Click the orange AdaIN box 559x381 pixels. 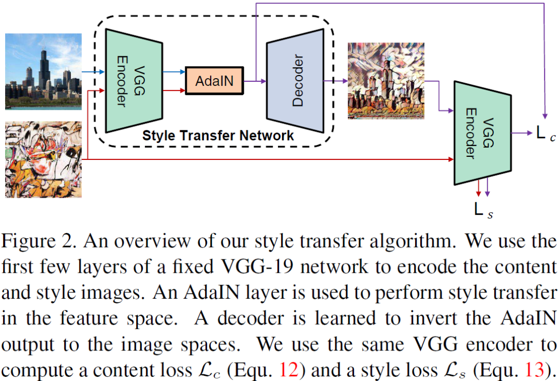click(x=214, y=81)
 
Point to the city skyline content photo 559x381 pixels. click(x=43, y=71)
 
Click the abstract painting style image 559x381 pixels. click(x=43, y=159)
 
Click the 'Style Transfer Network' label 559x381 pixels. click(x=218, y=136)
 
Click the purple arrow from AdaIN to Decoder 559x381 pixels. click(x=255, y=81)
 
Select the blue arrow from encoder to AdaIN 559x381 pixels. click(x=173, y=73)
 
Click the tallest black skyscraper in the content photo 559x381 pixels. click(x=44, y=65)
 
